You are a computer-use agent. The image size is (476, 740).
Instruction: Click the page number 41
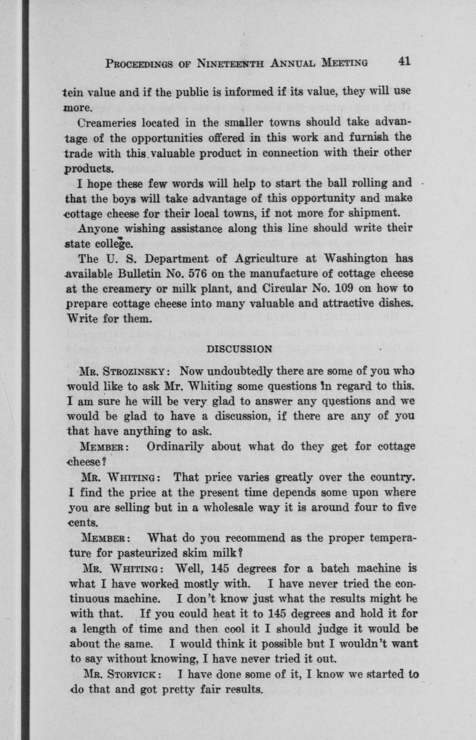(404, 61)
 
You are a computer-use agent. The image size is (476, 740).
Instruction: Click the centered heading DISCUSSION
(239, 349)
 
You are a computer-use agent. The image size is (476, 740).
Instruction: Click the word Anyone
(99, 228)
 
